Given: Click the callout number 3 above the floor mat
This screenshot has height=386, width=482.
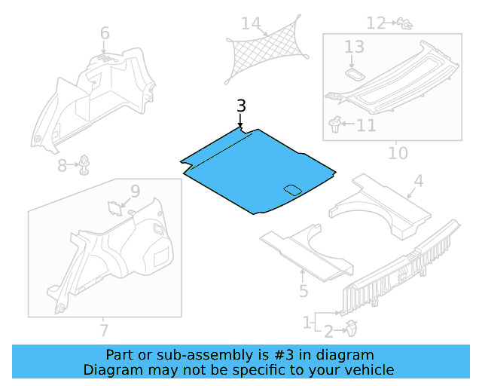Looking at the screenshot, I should (x=240, y=106).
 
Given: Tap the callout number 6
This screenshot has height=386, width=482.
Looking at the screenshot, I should (x=105, y=33).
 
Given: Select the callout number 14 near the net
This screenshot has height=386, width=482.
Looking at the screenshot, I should (x=250, y=24).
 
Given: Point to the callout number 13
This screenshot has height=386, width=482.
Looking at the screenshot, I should (x=354, y=47).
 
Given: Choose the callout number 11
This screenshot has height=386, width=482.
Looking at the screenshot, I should (x=366, y=124).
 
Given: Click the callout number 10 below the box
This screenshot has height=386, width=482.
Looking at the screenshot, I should (x=398, y=154).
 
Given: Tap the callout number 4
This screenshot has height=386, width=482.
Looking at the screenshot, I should (x=418, y=181).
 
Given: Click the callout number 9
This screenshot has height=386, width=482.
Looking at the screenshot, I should (x=134, y=192).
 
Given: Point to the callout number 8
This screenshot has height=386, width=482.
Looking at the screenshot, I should (x=63, y=165).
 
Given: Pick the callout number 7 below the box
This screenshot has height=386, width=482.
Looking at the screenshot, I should (x=104, y=330).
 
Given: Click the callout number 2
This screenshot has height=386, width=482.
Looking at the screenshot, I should (x=328, y=330).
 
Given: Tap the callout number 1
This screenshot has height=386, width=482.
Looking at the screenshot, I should (x=307, y=323).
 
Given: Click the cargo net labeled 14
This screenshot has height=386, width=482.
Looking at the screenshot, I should (x=267, y=55).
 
